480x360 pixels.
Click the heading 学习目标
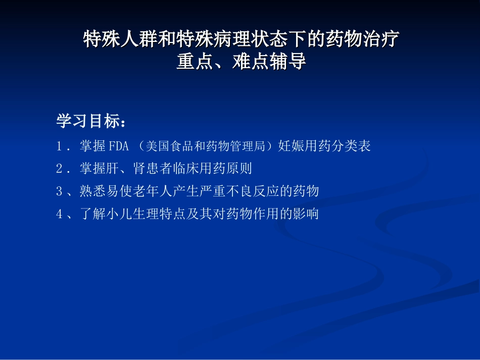click(x=90, y=121)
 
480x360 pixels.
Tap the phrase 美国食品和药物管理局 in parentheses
click(x=205, y=146)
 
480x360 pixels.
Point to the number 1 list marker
click(x=60, y=146)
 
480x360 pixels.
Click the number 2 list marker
click(x=60, y=169)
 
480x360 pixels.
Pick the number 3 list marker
click(x=60, y=191)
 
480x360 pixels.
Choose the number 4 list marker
click(x=60, y=214)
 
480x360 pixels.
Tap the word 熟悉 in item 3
click(x=91, y=191)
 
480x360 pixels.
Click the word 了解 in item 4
click(x=91, y=214)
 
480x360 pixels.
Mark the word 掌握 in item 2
click(x=91, y=169)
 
